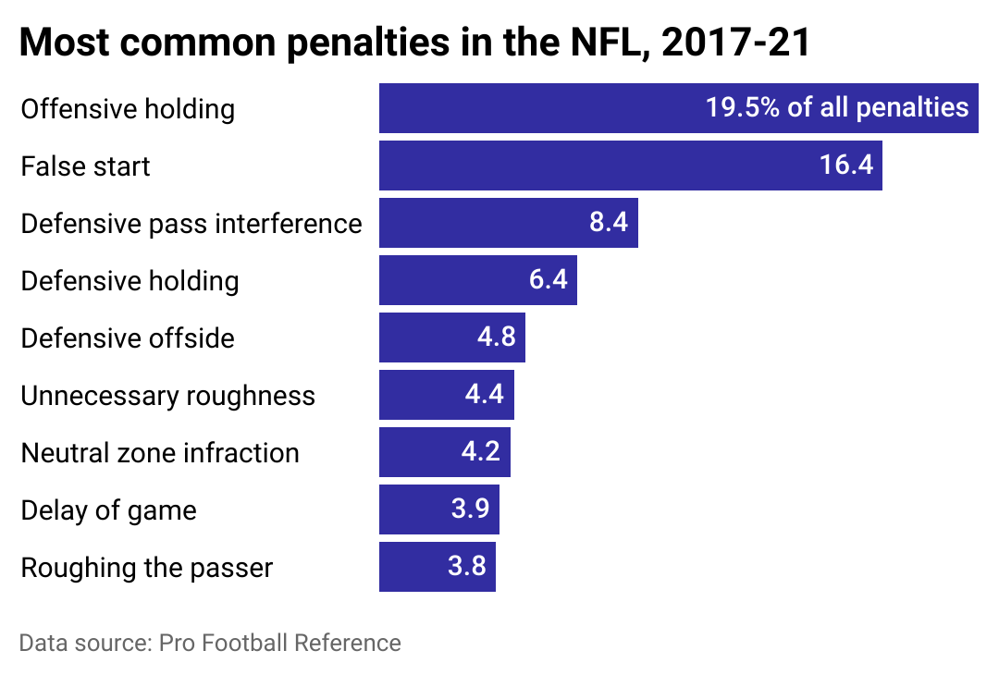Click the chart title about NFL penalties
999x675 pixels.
click(x=414, y=43)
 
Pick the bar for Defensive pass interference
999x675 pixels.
click(x=481, y=223)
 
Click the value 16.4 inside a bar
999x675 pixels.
click(x=845, y=166)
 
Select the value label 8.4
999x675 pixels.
click(x=609, y=223)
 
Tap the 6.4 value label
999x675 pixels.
click(x=548, y=280)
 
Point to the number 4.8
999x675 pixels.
click(x=496, y=337)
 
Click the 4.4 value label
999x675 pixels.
click(x=485, y=395)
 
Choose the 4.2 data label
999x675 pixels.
click(x=481, y=452)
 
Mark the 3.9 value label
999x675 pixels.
click(x=470, y=509)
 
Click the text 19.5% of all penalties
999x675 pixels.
click(x=836, y=108)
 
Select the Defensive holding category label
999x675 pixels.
click(x=129, y=281)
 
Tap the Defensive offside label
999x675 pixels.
click(x=128, y=338)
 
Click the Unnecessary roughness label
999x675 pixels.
click(x=167, y=396)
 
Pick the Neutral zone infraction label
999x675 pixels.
click(x=160, y=453)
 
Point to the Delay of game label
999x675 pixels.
click(x=108, y=510)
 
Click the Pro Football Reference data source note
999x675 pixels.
click(x=210, y=643)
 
